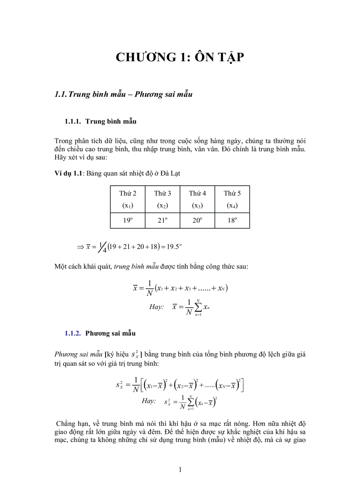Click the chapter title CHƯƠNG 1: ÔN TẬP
(x=180, y=57)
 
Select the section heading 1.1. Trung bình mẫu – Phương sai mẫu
(x=124, y=94)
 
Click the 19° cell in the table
(x=127, y=220)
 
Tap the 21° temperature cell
(x=162, y=220)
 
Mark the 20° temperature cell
(x=197, y=220)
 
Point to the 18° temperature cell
(x=232, y=220)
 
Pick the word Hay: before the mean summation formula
(x=156, y=307)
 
